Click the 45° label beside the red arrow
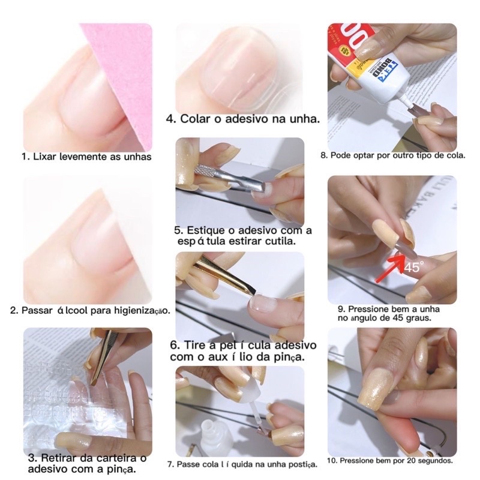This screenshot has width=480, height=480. [x=414, y=266]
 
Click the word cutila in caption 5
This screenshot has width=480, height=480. [x=280, y=241]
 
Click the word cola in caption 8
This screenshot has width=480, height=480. [x=457, y=155]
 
